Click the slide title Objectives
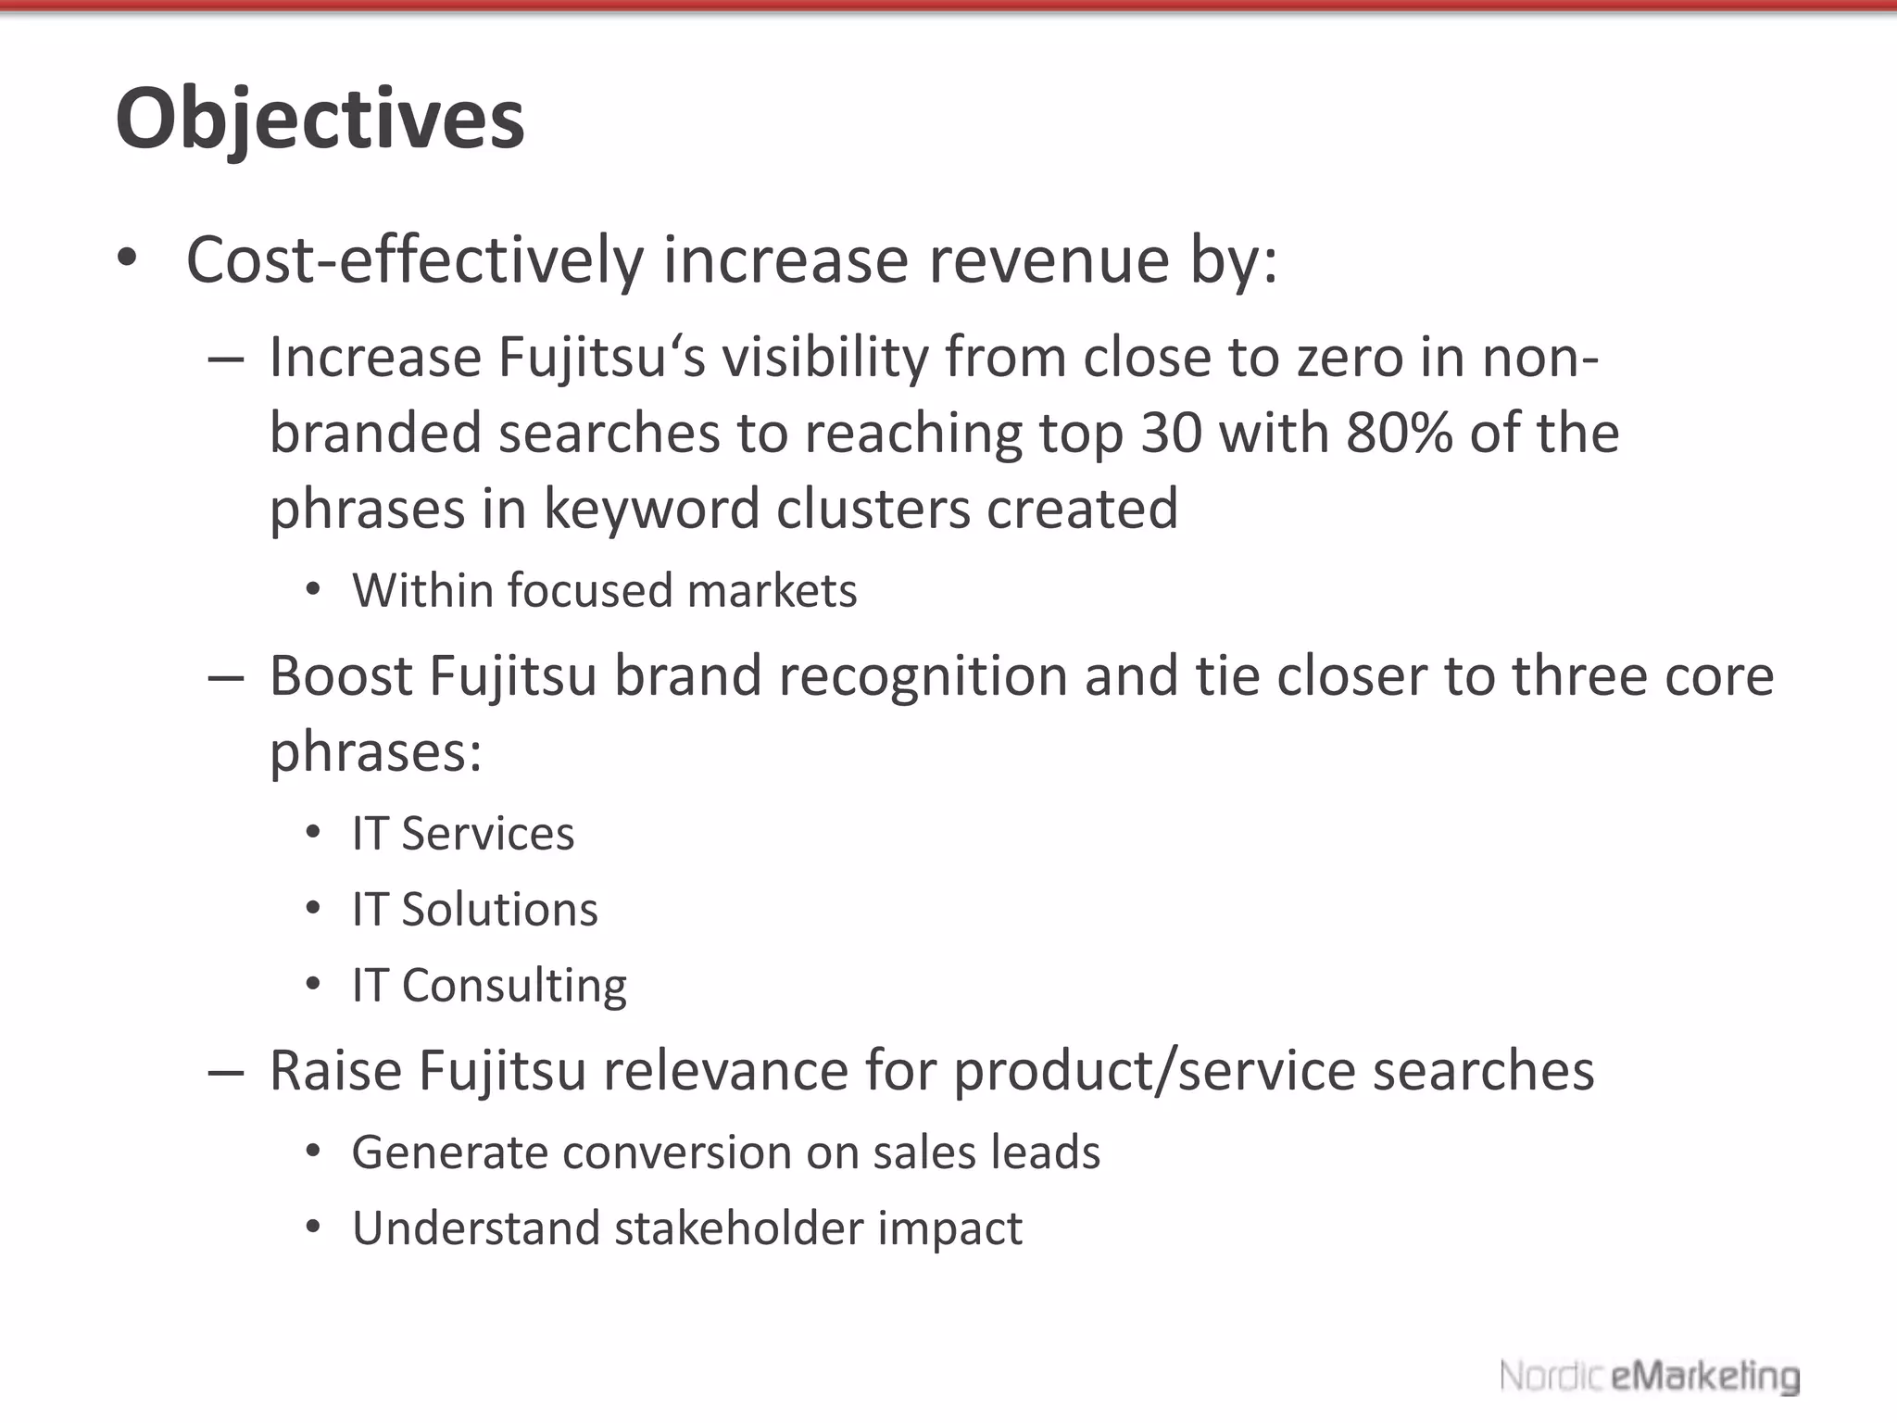pos(320,120)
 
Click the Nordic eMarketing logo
pos(1649,1377)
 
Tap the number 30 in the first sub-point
pos(1172,433)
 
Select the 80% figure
pos(1399,433)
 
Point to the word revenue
pos(1049,259)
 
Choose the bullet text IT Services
pos(463,833)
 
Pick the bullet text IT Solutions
pos(475,909)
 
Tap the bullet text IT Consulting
pos(489,985)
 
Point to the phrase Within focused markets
pos(605,590)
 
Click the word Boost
pos(341,675)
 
